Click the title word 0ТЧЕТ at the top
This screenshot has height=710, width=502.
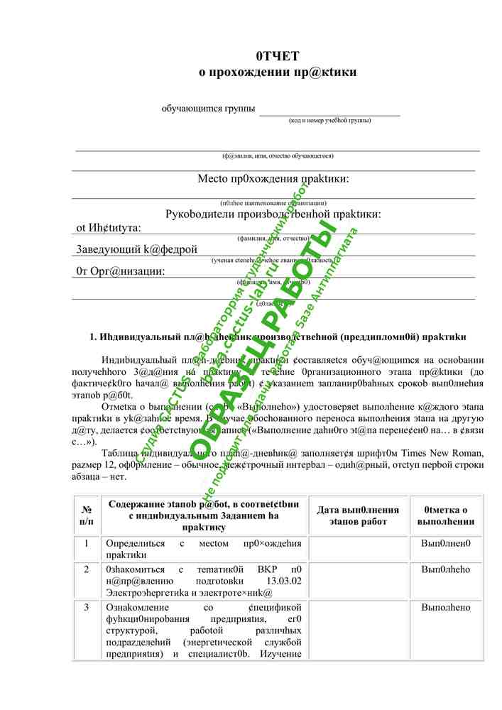[x=278, y=56]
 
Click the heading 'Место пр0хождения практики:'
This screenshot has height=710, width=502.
[x=273, y=179]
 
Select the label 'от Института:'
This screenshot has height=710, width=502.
[x=109, y=228]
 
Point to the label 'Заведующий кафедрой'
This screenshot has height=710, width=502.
[x=136, y=249]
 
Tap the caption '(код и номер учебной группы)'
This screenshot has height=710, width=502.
[x=329, y=121]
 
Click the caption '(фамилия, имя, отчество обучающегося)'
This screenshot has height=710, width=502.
[x=278, y=155]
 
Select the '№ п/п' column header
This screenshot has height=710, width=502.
[x=87, y=516]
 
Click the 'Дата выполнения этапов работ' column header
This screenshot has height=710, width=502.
[x=358, y=516]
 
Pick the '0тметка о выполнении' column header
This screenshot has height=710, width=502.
[x=445, y=516]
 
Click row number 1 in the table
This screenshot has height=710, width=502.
[x=87, y=544]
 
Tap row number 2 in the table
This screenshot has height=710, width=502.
[x=87, y=569]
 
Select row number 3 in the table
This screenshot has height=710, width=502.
[x=87, y=608]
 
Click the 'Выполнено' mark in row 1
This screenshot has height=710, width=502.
[x=445, y=544]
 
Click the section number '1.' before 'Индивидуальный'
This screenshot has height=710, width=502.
[x=94, y=336]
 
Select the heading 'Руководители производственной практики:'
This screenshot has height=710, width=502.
[x=273, y=214]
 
